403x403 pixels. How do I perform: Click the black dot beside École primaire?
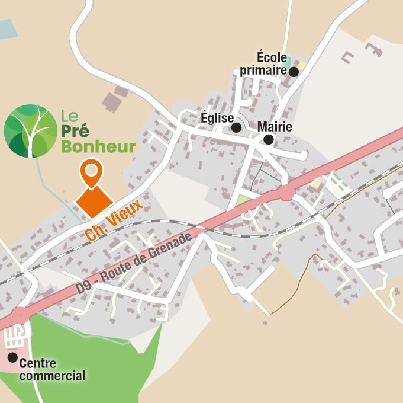pos(294,72)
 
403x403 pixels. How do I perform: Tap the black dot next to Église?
pos(236,127)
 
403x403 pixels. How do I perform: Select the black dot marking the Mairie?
pos(268,140)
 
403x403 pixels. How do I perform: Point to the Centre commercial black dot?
pos(12,357)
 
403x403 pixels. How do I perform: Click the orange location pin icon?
pos(91,173)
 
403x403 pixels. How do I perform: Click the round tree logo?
pos(31,131)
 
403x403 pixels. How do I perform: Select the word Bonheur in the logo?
pos(98,146)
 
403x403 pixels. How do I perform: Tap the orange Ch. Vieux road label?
pos(114,220)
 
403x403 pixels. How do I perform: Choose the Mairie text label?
pos(275,127)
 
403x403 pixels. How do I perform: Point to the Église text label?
pos(217,118)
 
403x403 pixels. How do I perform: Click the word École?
pos(272,57)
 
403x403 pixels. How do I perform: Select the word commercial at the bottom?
pos(52,376)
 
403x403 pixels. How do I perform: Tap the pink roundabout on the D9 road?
pos(287,193)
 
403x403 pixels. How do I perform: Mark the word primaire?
pos(263,71)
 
